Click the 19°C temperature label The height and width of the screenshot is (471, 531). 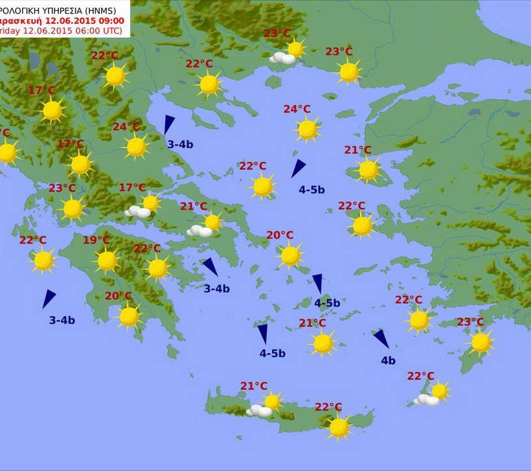click(96, 240)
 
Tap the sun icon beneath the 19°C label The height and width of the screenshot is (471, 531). click(107, 260)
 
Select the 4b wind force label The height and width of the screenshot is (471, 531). click(388, 361)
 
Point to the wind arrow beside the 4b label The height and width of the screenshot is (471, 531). click(381, 338)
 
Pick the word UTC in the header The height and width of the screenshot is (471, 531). click(112, 30)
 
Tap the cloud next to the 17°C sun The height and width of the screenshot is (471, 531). click(138, 211)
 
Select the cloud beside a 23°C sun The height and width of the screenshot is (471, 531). click(282, 58)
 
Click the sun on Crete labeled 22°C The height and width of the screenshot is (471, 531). click(339, 427)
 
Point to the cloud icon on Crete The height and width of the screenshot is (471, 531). click(260, 410)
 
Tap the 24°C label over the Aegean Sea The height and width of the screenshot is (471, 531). click(297, 109)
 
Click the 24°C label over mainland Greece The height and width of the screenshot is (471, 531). click(126, 127)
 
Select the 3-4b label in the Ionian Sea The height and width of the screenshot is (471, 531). click(62, 319)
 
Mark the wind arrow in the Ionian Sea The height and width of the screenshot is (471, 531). click(49, 298)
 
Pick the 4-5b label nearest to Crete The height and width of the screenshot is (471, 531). click(272, 353)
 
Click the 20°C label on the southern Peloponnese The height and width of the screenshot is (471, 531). click(119, 296)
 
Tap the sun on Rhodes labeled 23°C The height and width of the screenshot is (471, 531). click(481, 342)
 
